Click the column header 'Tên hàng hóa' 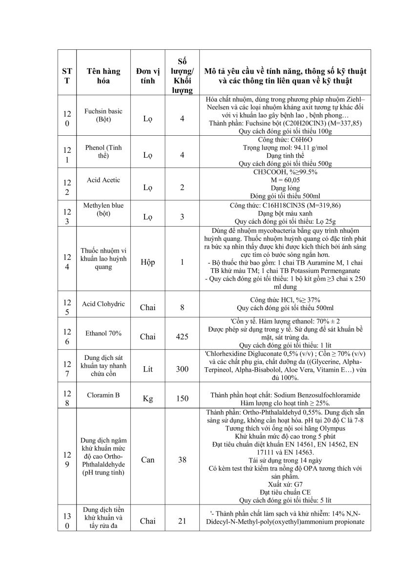(x=103, y=76)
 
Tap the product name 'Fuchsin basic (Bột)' (x=103, y=115)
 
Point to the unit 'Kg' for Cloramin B (x=148, y=398)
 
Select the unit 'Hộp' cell (x=148, y=262)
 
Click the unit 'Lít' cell (x=148, y=369)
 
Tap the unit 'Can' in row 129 (x=148, y=460)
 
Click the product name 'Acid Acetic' (x=103, y=180)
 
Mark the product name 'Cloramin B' (x=103, y=396)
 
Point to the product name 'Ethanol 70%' (x=103, y=334)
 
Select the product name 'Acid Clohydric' (x=103, y=304)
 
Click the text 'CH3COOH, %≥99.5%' (x=286, y=172)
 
